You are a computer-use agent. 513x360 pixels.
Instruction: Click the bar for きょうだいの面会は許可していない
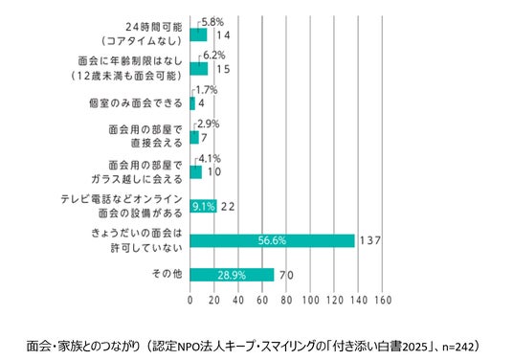tap(272, 241)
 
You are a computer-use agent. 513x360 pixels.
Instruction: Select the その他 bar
tap(232, 275)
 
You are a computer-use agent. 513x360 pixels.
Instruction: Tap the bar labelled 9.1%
tap(203, 206)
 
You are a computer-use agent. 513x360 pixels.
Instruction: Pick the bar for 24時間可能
tap(198, 34)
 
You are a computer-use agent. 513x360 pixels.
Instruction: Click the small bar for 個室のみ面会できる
tap(192, 103)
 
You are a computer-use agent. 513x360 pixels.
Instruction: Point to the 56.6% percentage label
tap(272, 241)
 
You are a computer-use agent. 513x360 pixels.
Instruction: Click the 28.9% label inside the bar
tap(232, 275)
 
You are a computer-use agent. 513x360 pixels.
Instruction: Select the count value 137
tap(370, 241)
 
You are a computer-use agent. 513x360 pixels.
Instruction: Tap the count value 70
tap(286, 276)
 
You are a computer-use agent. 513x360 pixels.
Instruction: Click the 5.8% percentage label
tap(212, 22)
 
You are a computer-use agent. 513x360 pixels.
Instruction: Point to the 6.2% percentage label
tap(214, 56)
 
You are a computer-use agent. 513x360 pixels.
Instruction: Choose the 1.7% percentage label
tap(207, 90)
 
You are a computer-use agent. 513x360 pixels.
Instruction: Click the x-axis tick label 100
tap(310, 300)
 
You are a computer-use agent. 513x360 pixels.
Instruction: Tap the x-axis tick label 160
tap(383, 300)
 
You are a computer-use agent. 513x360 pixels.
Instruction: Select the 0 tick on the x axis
tap(190, 300)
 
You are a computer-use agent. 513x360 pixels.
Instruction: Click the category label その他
tap(167, 274)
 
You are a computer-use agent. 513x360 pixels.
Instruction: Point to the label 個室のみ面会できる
tap(136, 103)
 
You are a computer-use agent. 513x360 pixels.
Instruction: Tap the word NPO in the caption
tap(187, 347)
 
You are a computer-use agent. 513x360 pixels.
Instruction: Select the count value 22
tap(228, 207)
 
